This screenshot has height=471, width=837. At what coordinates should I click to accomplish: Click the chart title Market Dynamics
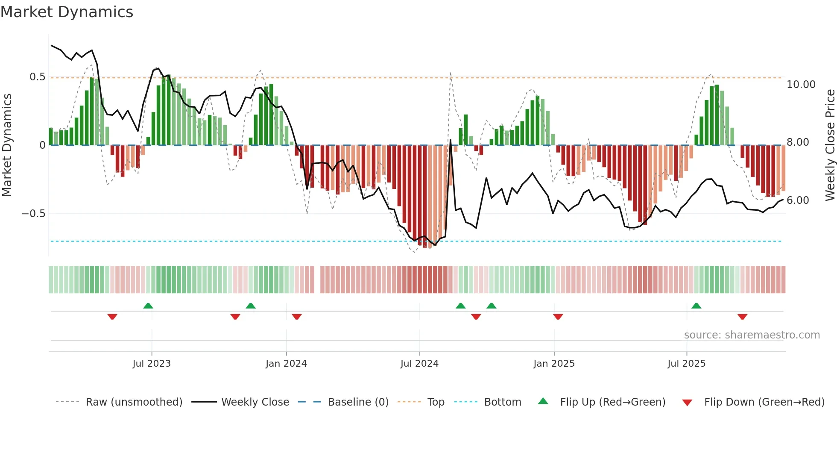[x=67, y=12]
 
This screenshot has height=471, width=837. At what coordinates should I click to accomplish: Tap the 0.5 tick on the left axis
[x=37, y=77]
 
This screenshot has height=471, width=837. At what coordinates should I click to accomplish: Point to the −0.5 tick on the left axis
[x=34, y=214]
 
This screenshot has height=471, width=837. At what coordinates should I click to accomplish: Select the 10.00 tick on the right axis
[x=801, y=85]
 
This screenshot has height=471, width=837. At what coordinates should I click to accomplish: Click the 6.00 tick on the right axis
[x=797, y=200]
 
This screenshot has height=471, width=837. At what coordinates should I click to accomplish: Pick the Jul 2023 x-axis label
[x=152, y=364]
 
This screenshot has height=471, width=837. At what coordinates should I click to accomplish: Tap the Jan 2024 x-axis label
[x=286, y=364]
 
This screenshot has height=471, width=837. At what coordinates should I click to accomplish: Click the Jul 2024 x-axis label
[x=419, y=364]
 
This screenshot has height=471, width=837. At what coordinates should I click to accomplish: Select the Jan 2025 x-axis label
[x=554, y=364]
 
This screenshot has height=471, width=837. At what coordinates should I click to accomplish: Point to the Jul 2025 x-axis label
[x=686, y=364]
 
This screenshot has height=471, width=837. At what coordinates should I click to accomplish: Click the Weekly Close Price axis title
[x=830, y=145]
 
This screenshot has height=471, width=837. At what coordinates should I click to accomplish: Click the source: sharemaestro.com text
[x=752, y=335]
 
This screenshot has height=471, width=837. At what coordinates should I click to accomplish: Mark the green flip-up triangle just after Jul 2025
[x=696, y=306]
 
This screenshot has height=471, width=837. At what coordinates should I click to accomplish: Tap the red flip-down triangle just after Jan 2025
[x=558, y=317]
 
